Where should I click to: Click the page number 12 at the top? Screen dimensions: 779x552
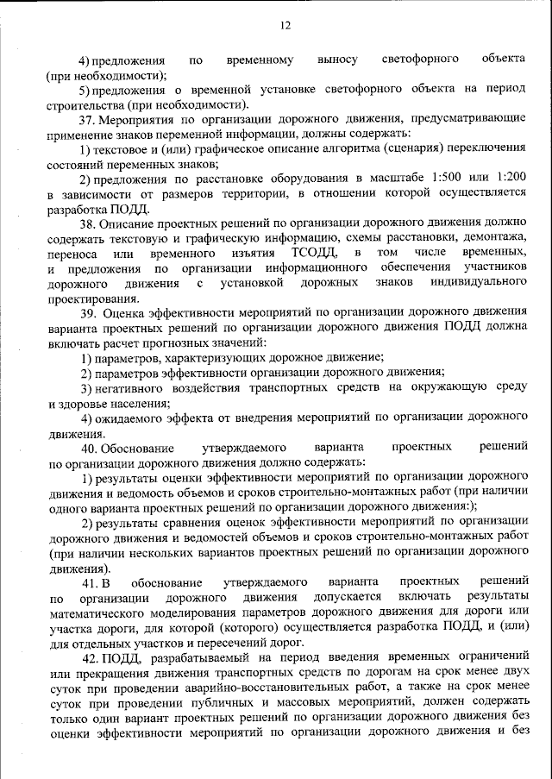pyautogui.click(x=285, y=26)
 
